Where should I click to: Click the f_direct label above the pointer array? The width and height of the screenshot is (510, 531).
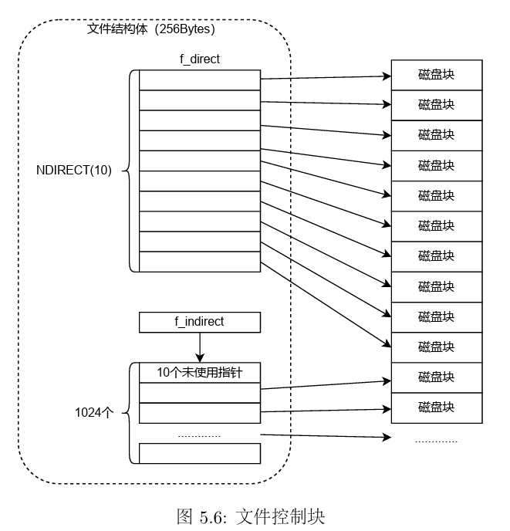coord(199,59)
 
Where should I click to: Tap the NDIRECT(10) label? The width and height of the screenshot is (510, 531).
coord(74,171)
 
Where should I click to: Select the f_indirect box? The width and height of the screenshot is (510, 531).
coord(199,322)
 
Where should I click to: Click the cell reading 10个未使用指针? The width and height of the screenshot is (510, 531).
coord(199,373)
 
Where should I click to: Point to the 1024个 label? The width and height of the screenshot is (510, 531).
coord(93,412)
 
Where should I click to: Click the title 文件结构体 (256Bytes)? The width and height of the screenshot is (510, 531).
coord(151,29)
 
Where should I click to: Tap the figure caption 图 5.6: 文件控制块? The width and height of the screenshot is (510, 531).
coord(251,516)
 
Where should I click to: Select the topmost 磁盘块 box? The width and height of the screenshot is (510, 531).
coord(436,75)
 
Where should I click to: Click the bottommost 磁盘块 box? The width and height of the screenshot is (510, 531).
coord(436,407)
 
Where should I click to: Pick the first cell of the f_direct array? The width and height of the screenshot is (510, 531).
coord(199,79)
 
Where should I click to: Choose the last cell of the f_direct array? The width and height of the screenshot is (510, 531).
coord(199,261)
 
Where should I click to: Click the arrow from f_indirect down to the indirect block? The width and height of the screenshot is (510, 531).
coord(199,347)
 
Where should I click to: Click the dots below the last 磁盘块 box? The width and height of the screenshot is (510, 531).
coord(436,441)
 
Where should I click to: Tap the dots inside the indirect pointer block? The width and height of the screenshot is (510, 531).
coord(199,436)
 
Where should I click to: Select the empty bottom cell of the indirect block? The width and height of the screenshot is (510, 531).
coord(199,453)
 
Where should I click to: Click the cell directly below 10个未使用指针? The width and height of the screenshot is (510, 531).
coord(199,393)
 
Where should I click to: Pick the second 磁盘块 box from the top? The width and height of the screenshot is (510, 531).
coord(436,105)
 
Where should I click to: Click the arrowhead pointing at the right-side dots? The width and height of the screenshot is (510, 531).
coord(386,438)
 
